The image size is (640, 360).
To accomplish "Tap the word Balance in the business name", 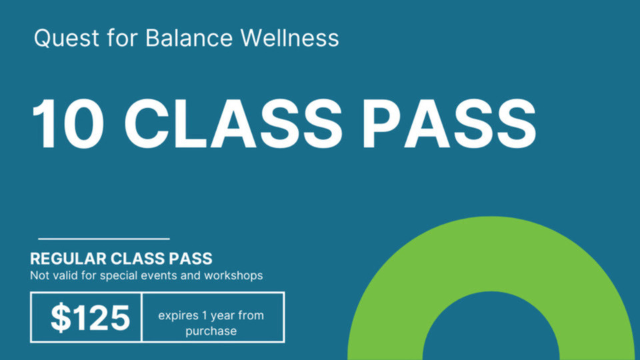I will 188,38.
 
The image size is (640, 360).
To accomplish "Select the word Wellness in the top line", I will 290,38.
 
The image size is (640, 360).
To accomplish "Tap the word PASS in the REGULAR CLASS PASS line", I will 191,259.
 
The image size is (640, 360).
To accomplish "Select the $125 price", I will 90,318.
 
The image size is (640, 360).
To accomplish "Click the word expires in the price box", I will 178,315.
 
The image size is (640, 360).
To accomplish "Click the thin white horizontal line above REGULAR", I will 103,239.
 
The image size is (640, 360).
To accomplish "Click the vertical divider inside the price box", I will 141,317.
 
